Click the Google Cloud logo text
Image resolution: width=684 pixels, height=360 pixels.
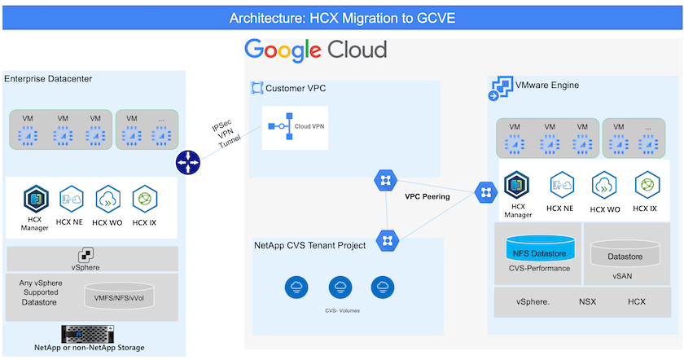tap(316, 50)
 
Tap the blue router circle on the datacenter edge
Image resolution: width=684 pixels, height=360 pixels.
tap(187, 163)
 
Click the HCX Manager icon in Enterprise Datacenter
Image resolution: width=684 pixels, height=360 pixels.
tap(35, 200)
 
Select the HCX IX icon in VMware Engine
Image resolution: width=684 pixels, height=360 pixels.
tap(647, 185)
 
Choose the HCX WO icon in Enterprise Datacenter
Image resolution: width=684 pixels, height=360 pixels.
tap(107, 199)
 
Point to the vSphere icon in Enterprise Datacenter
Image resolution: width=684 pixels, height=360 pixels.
tap(85, 255)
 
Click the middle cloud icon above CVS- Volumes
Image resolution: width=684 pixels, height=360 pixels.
tap(340, 287)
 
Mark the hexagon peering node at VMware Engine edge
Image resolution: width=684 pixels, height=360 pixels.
tap(484, 192)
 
